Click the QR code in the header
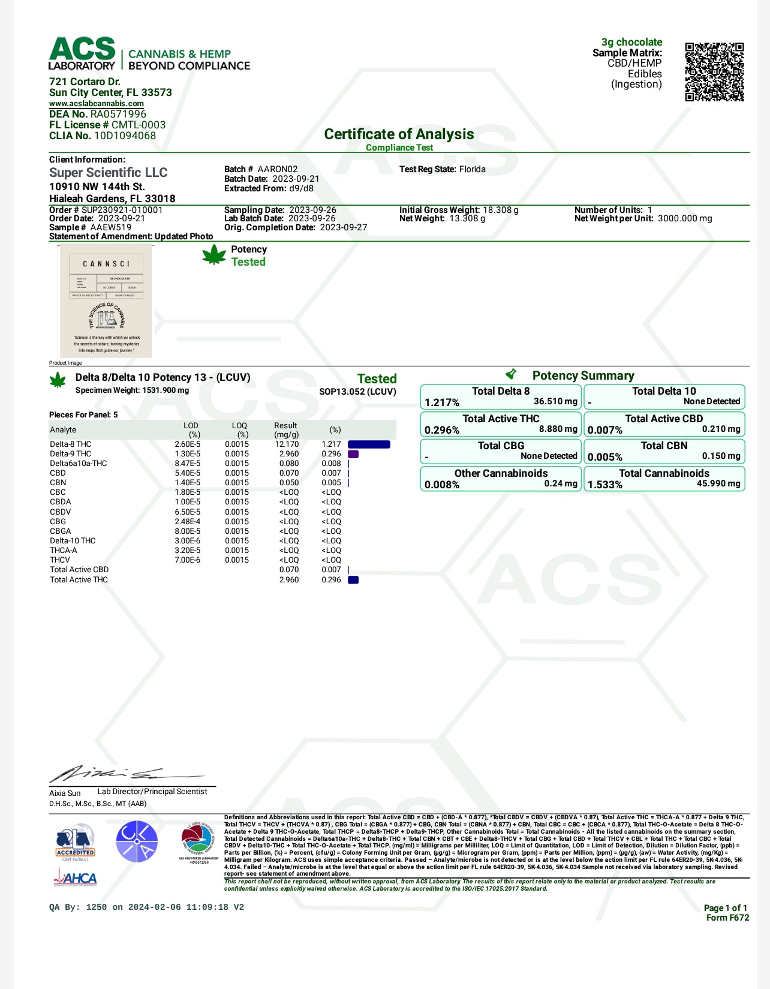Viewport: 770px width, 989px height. [x=714, y=72]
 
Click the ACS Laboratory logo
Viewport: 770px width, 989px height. [x=82, y=54]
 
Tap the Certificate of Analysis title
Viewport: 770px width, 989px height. [x=399, y=134]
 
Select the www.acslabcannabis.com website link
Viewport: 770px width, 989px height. [x=97, y=104]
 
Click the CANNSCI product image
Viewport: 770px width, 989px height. [x=106, y=301]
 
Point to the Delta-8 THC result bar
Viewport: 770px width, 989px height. [x=369, y=444]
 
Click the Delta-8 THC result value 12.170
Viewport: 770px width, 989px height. [x=287, y=444]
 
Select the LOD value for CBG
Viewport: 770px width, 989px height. [x=188, y=522]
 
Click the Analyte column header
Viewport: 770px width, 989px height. [x=63, y=430]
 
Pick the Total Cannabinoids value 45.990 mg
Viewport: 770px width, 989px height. [x=718, y=483]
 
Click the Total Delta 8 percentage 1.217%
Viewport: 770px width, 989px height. [x=442, y=402]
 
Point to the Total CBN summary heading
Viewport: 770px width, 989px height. [x=664, y=446]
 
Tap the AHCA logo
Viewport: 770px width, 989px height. [x=75, y=879]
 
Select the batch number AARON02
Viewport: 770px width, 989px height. [x=278, y=169]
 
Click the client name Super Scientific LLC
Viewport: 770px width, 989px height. [x=109, y=173]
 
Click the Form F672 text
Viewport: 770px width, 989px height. [x=727, y=918]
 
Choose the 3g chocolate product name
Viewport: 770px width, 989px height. [x=631, y=42]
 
